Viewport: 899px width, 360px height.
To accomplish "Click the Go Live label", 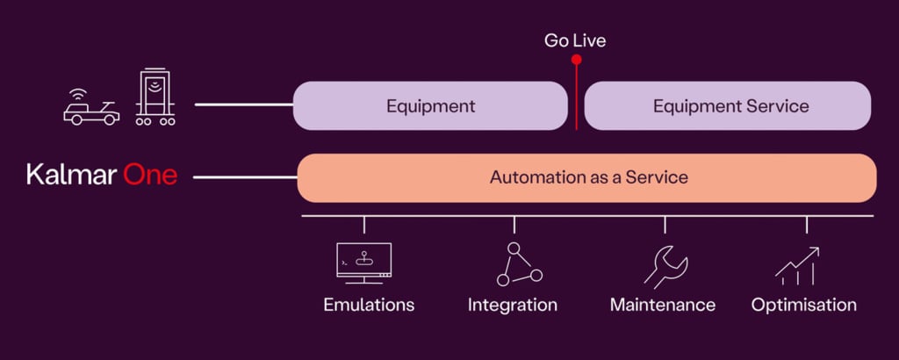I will pos(575,40).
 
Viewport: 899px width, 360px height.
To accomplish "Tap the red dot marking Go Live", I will pos(576,60).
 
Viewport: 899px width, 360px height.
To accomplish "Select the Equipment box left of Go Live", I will pos(430,106).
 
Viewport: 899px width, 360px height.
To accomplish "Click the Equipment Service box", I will pos(728,106).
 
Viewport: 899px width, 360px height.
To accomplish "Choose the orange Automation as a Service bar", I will pos(587,177).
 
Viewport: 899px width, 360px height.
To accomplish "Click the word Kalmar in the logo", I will pos(70,176).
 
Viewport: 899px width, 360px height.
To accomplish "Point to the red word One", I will pos(150,176).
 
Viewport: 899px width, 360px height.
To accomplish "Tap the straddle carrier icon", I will pos(155,97).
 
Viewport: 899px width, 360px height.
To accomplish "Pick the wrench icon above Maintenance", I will pos(665,265).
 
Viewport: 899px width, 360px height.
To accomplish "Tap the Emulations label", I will pos(369,306).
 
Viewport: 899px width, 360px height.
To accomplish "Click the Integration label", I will pos(513,306).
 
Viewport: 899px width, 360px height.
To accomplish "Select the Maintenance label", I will pos(663,306).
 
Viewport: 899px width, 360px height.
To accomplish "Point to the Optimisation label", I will pos(803,306).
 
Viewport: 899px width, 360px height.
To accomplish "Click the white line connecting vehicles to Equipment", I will pos(243,104).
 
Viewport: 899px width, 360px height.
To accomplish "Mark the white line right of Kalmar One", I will pos(245,177).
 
